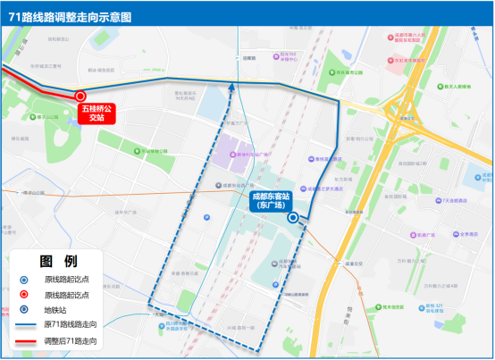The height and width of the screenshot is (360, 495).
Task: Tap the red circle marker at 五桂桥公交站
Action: tap(80, 96)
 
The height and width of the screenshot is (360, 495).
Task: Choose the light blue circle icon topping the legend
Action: tap(25, 279)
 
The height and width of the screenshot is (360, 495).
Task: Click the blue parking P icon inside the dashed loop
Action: tap(207, 217)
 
